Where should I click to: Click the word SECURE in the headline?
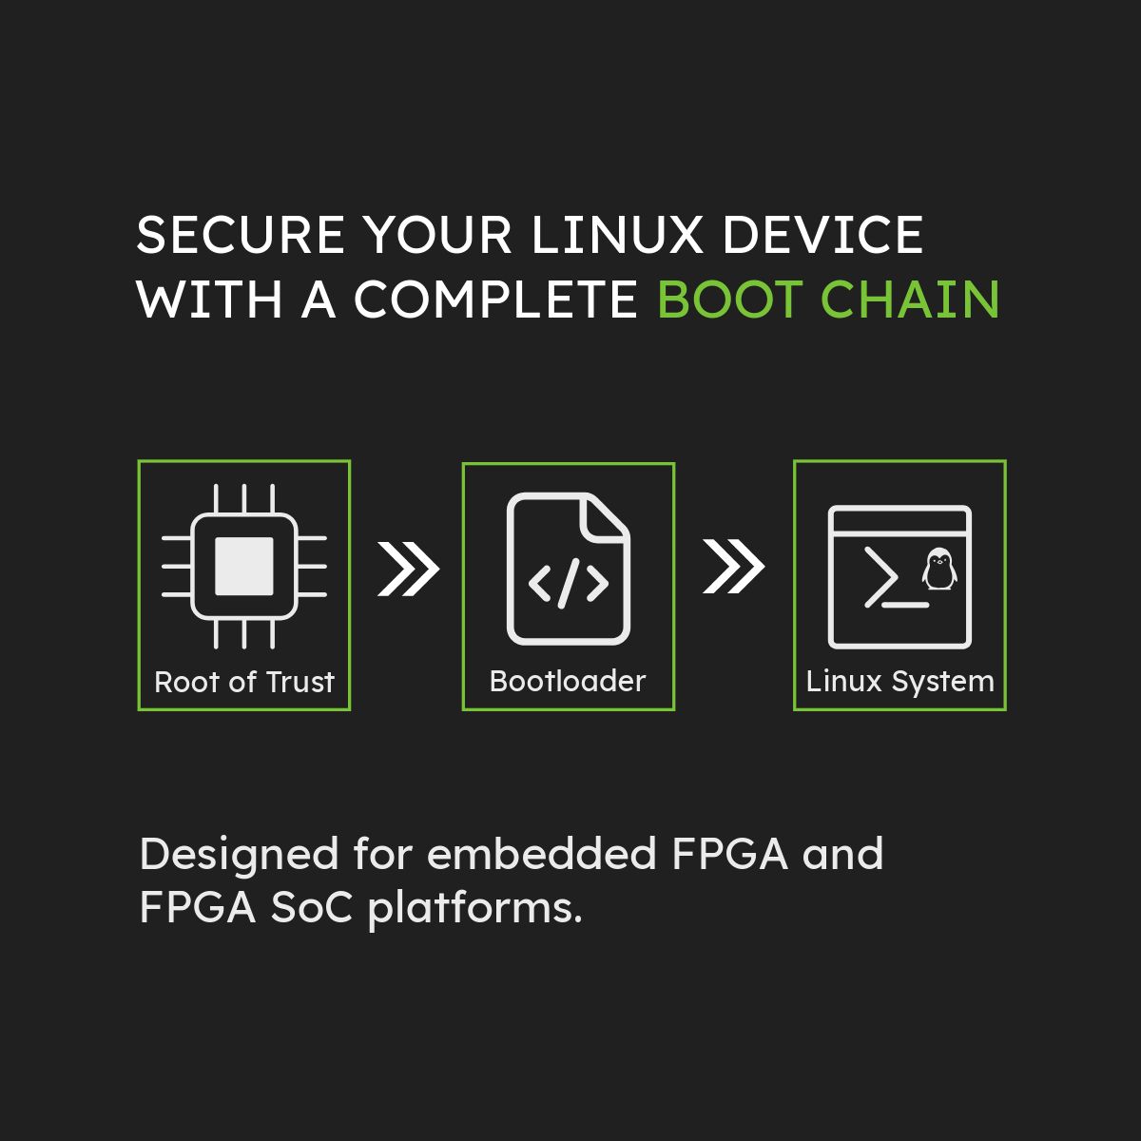(241, 235)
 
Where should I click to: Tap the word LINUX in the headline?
(616, 235)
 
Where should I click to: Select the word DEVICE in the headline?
(823, 235)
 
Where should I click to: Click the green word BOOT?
(729, 299)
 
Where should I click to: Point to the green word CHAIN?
(911, 299)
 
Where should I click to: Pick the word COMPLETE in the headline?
(495, 299)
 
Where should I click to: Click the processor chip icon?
(244, 566)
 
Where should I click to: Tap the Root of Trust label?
(244, 682)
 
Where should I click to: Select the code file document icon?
(569, 569)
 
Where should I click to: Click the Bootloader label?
(568, 681)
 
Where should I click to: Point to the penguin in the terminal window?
(939, 569)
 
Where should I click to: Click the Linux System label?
(900, 681)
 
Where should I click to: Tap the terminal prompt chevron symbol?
(881, 577)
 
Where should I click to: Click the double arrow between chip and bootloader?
(409, 569)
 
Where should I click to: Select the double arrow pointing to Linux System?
(734, 566)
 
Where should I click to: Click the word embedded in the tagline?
(541, 854)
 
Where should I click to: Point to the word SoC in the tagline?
(312, 908)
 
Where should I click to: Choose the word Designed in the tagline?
(239, 856)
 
